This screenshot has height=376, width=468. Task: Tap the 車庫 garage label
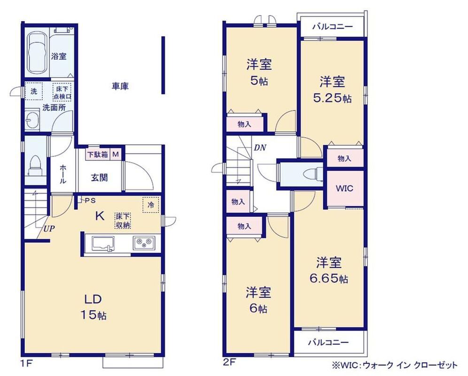point(120,86)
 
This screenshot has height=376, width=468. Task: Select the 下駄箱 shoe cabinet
point(98,155)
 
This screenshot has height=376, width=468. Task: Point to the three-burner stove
point(144,243)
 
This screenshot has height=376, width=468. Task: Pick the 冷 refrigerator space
point(151,205)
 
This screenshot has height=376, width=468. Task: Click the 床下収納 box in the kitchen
point(123,221)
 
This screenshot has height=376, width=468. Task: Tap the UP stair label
point(49,229)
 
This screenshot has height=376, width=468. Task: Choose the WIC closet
point(345,188)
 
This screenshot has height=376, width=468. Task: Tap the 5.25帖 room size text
point(332,98)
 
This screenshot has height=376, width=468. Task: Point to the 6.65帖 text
point(328,279)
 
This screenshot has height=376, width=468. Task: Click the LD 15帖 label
point(94,307)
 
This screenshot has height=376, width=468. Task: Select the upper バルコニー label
point(333,27)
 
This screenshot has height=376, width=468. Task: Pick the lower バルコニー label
point(328,342)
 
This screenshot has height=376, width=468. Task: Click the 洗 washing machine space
point(34,91)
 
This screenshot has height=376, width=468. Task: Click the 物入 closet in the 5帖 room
point(245,124)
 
